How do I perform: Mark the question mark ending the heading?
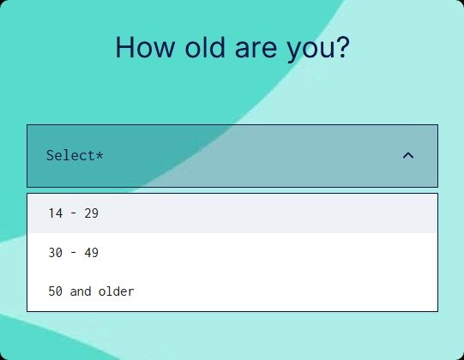click(342, 47)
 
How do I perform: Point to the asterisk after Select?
click(99, 154)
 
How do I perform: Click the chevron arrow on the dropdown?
click(408, 155)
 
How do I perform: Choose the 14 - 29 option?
click(74, 213)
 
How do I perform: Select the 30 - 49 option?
click(74, 253)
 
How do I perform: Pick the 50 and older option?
click(91, 291)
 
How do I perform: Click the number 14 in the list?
click(55, 213)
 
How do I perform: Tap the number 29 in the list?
click(91, 213)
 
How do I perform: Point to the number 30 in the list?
click(55, 253)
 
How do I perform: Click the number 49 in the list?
click(91, 253)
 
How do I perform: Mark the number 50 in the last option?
click(55, 291)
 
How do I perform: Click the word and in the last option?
click(81, 291)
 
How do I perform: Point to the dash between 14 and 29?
click(73, 213)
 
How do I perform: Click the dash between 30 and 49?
click(73, 253)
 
